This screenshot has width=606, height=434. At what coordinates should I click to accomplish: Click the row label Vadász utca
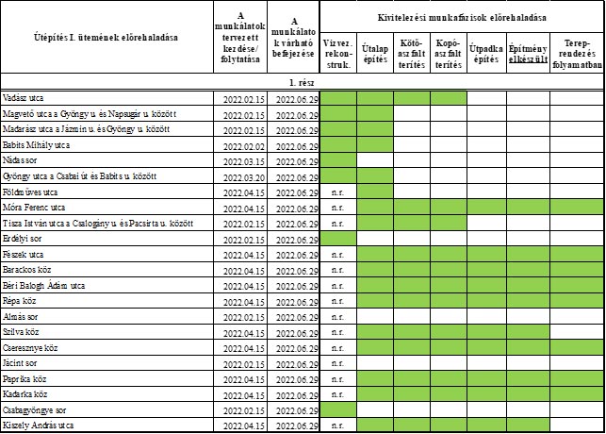[25, 98]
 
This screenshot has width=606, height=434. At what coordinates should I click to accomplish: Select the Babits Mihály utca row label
[37, 145]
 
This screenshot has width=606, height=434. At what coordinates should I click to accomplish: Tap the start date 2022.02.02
[241, 145]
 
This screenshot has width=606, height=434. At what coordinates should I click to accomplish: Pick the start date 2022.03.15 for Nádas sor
[241, 161]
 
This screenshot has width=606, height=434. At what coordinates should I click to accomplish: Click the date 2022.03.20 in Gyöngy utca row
[241, 176]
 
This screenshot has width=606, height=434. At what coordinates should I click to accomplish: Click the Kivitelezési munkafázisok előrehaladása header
[462, 17]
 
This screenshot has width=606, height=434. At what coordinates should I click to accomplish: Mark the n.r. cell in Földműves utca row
[338, 192]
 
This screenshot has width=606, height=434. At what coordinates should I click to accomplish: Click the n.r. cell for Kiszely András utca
[338, 426]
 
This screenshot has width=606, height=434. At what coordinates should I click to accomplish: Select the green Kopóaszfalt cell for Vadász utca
[448, 98]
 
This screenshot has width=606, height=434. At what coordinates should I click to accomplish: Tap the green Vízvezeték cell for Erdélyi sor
[338, 239]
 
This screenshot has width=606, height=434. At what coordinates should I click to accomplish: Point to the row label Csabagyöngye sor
[35, 411]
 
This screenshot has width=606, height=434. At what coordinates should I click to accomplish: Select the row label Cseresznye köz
[33, 348]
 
